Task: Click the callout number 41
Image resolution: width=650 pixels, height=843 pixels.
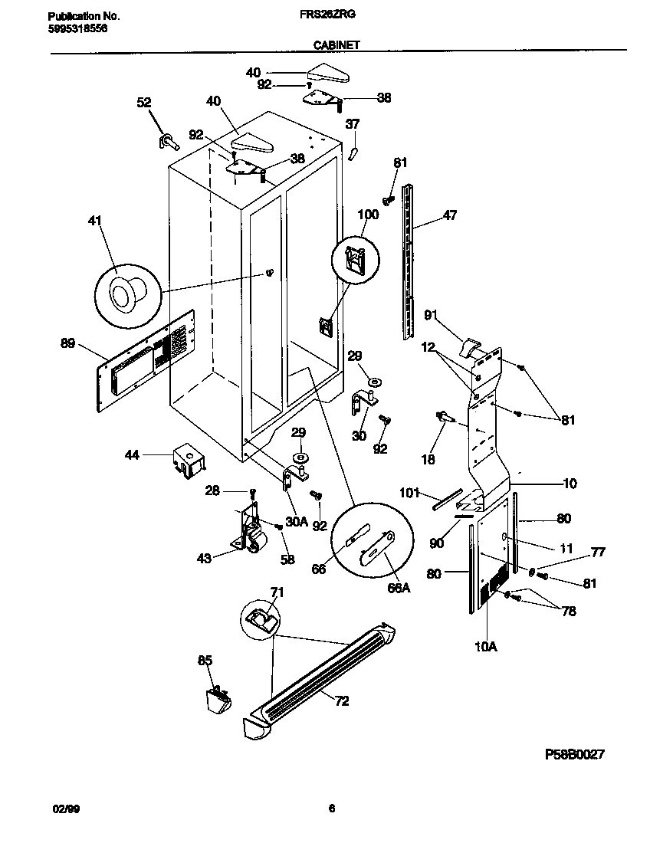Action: pos(94,221)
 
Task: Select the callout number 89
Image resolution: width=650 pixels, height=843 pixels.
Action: pos(68,343)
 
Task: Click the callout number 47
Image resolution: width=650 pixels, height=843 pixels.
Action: pos(449,215)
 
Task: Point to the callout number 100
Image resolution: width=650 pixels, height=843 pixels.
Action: pos(369,215)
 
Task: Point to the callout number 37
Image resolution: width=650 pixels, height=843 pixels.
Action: pos(352,124)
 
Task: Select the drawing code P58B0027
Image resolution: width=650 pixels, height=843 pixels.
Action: pos(575,754)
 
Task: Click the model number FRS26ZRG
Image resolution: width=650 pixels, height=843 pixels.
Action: pos(330,15)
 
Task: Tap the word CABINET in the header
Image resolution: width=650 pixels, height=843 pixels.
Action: pos(336,45)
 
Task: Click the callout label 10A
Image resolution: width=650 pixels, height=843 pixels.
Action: pos(485,646)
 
